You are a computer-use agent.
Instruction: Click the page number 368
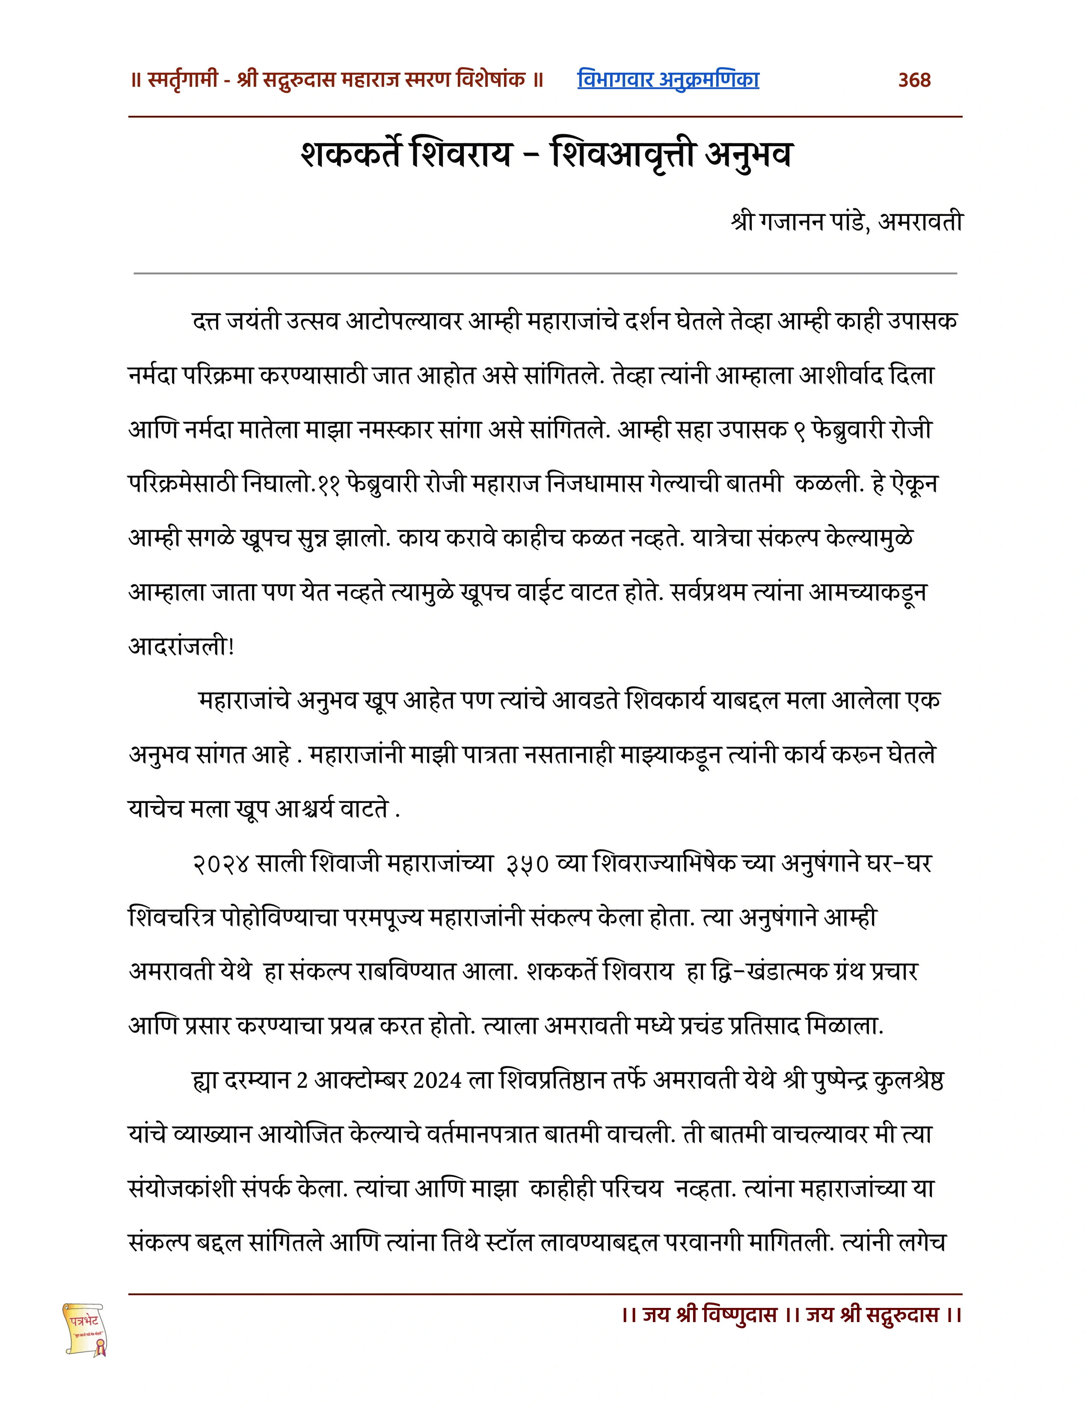[x=914, y=80]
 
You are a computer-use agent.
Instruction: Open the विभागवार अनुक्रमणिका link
[x=668, y=80]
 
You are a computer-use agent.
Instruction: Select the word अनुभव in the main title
[x=748, y=154]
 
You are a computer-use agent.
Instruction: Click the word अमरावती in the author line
[x=920, y=221]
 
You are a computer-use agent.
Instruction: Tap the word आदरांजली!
[x=181, y=646]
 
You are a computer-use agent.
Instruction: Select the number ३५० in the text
[x=527, y=863]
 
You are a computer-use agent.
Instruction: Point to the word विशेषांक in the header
[x=491, y=80]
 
